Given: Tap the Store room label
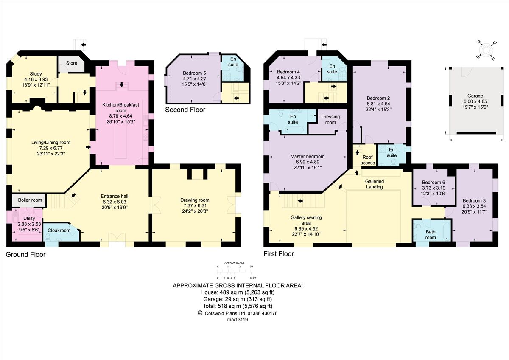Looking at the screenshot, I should click(x=72, y=63).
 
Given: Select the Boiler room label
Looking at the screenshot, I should click(x=30, y=200).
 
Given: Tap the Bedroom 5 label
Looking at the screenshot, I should click(x=194, y=73).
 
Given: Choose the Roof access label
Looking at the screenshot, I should click(x=368, y=160).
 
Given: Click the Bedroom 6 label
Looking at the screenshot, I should click(x=433, y=182).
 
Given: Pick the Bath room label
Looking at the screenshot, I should click(x=431, y=235).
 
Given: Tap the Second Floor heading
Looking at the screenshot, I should click(x=185, y=110).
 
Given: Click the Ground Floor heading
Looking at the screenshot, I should click(x=25, y=254).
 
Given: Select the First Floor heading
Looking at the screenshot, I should click(x=278, y=254).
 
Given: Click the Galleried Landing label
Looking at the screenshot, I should click(x=374, y=184).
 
